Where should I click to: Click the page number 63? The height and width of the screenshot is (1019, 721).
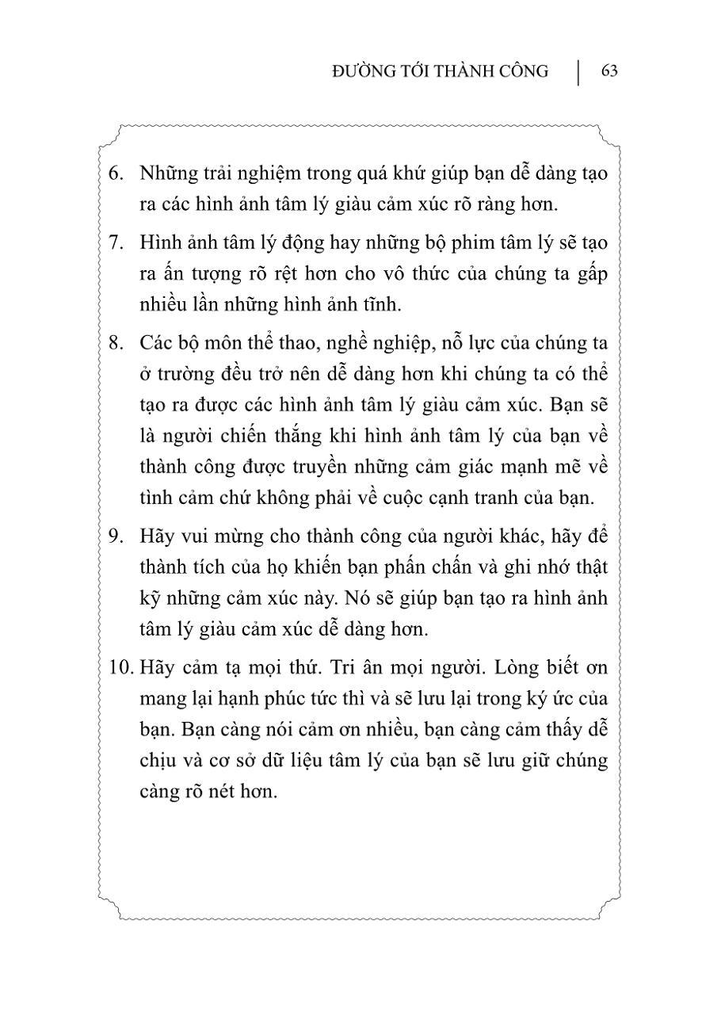pyautogui.click(x=609, y=71)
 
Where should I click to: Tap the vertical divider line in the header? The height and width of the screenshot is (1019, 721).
pyautogui.click(x=578, y=71)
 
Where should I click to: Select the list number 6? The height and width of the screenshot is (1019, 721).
pyautogui.click(x=116, y=174)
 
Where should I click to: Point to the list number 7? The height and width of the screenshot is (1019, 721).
pyautogui.click(x=116, y=242)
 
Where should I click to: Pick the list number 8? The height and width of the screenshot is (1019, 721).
pyautogui.click(x=116, y=343)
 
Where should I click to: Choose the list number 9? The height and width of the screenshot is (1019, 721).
pyautogui.click(x=116, y=535)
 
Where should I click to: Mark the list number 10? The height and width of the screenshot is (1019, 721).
pyautogui.click(x=119, y=667)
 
